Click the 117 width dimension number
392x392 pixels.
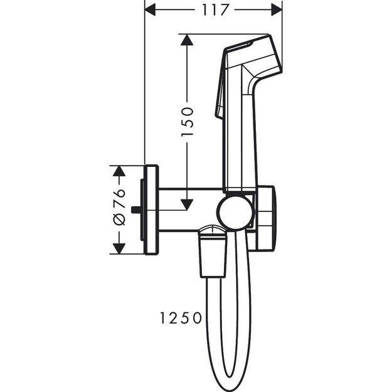pos(213,9)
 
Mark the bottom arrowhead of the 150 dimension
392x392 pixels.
pos(186,204)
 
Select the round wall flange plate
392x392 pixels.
pos(151,210)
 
